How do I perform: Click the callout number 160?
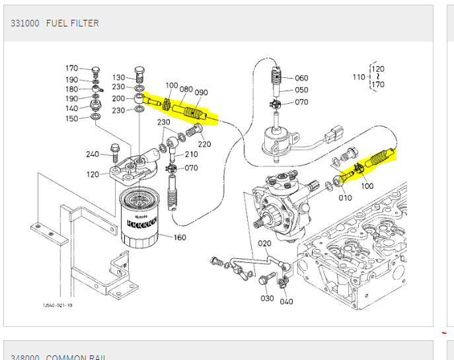click(180, 238)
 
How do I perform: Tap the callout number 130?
click(119, 77)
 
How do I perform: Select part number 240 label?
click(93, 155)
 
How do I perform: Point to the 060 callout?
click(301, 78)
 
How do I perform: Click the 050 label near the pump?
click(301, 90)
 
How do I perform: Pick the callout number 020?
click(264, 243)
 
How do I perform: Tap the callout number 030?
click(266, 299)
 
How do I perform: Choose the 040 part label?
click(286, 302)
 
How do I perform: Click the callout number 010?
click(345, 198)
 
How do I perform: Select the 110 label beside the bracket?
click(358, 77)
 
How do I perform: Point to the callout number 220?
click(204, 144)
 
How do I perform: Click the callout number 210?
click(191, 155)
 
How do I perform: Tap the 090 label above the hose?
click(201, 92)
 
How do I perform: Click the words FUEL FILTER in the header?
click(73, 23)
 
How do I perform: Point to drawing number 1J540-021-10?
click(57, 305)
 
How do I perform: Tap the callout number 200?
click(119, 99)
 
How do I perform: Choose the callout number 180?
click(71, 89)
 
